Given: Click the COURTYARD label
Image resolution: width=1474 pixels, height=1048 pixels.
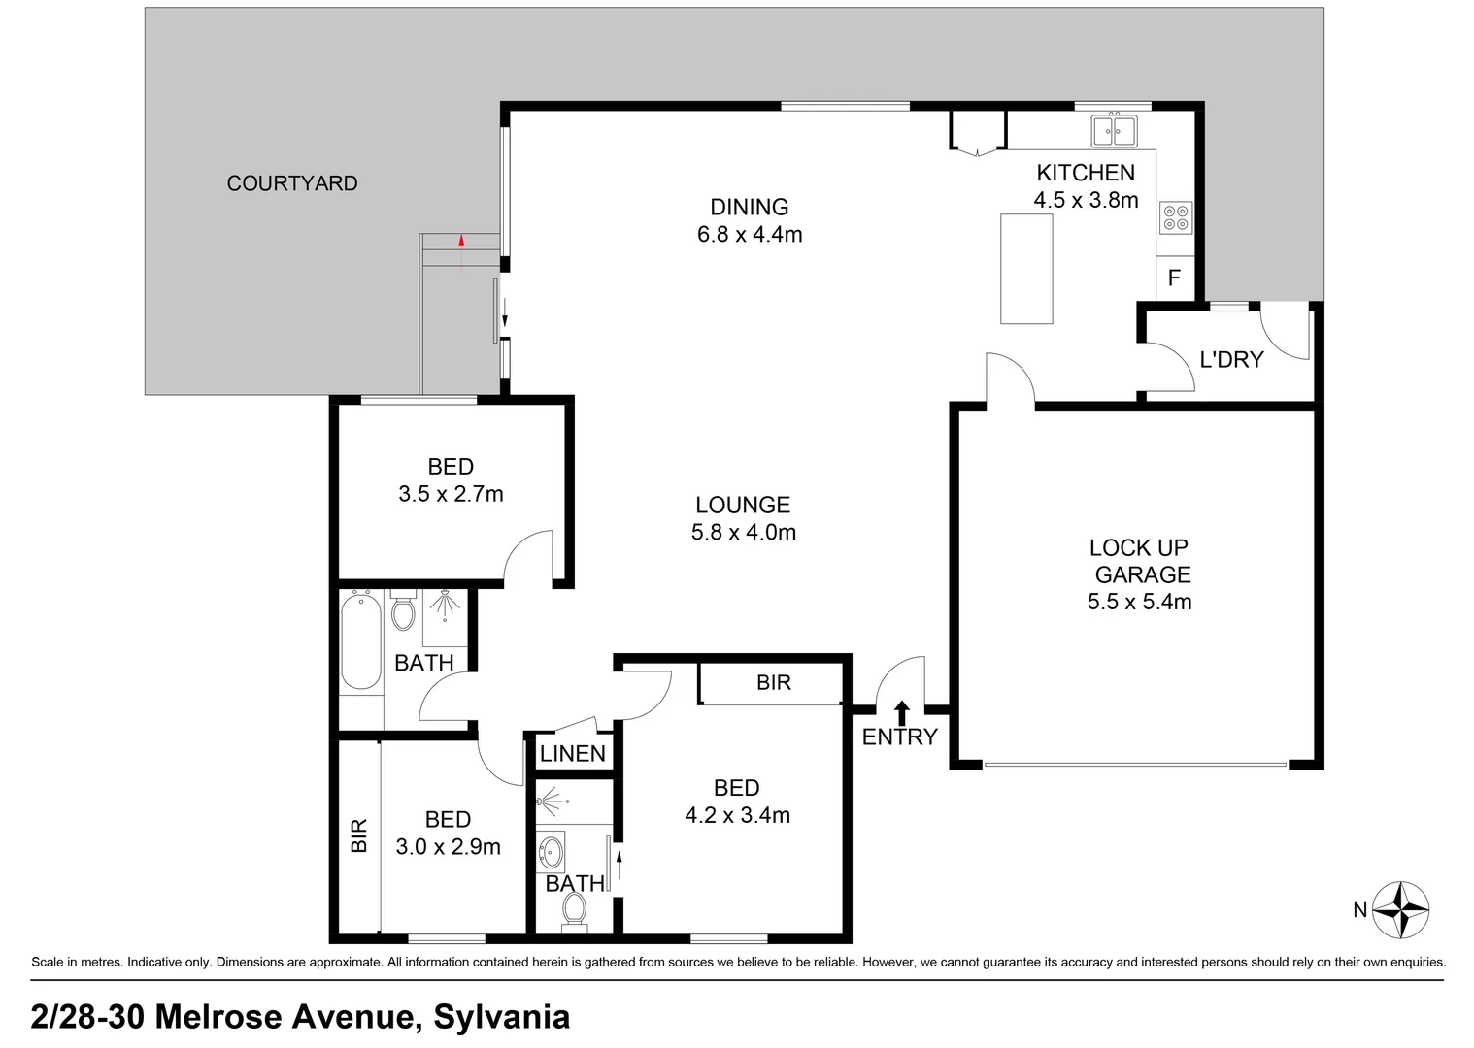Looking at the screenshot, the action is tap(292, 182).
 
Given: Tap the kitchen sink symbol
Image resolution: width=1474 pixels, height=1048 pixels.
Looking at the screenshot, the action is tap(1114, 130).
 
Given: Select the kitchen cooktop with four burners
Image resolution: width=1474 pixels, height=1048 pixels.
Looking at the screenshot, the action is tap(1176, 217).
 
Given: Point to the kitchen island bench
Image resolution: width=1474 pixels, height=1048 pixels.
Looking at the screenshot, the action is tap(1026, 269).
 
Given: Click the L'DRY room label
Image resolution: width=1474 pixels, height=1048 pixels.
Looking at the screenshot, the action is tap(1232, 360).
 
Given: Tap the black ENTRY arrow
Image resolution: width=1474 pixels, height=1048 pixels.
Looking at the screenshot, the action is tap(901, 713).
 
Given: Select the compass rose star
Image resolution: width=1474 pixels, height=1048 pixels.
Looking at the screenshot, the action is tap(1400, 910).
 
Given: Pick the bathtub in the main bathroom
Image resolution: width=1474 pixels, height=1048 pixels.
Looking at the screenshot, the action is tap(361, 639).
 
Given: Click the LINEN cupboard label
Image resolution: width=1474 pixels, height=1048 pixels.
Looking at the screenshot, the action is tap(573, 753).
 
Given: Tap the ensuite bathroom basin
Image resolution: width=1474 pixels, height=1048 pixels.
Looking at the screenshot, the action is tap(551, 852).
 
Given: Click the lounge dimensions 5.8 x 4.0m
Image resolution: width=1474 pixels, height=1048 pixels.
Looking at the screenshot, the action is tap(744, 532).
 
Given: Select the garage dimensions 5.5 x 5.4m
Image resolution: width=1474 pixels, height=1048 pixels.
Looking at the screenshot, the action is tap(1140, 602).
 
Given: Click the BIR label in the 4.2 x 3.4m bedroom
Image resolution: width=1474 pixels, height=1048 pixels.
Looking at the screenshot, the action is tap(774, 682).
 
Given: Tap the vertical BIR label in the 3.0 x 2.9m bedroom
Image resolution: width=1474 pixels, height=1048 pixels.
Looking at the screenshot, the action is tap(358, 836).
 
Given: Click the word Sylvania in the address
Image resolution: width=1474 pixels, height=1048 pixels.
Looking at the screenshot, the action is tap(502, 1016).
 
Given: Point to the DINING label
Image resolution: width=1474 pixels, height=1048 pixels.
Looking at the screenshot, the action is tap(750, 207).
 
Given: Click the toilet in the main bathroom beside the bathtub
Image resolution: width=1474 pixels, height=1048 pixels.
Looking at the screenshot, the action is tap(403, 609).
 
